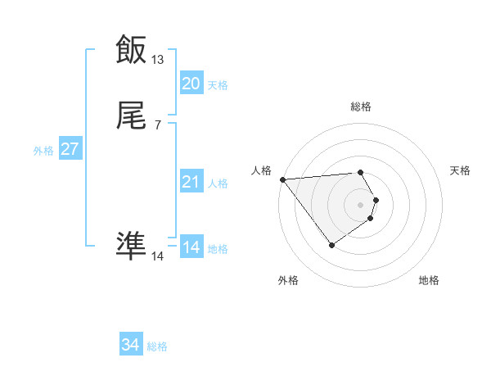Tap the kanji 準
coord(131,245)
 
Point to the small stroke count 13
coord(158,60)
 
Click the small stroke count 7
coord(158,125)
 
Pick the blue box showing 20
coord(191,84)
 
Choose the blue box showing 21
coord(191,183)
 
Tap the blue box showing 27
coord(70,150)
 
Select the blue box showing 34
coord(131,346)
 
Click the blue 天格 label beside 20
coord(218,85)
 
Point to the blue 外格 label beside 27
coord(43,151)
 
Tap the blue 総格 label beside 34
coord(157,347)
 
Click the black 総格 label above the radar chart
coord(361,106)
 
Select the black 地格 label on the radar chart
coord(429,280)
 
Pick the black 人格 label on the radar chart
coord(262,170)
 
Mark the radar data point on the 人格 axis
coord(282,179)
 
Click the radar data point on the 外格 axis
coord(331,245)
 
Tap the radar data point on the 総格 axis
coord(361,172)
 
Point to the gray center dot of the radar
coord(361,204)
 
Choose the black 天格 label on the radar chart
coord(460,170)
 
